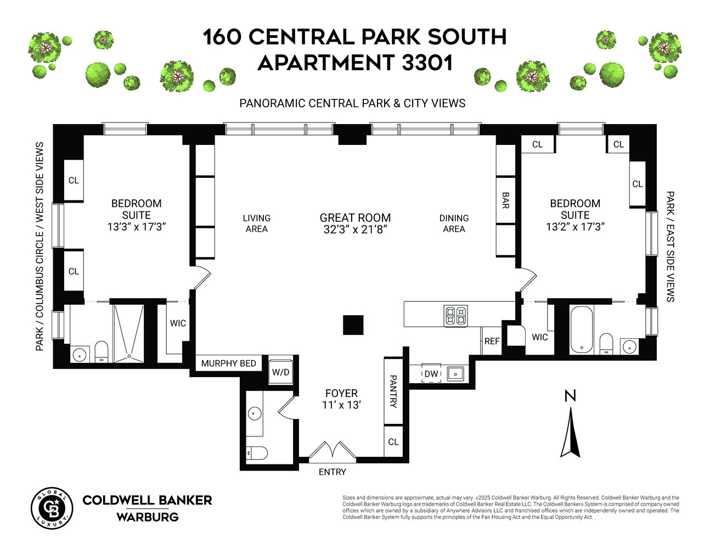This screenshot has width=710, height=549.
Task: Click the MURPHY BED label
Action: pos(228,363)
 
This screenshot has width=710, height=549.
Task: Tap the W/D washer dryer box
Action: pos(281,371)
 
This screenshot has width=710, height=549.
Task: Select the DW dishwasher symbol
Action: pos(431,374)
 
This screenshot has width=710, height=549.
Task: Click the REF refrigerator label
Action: pos(492,341)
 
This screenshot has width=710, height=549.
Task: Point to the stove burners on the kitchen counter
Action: pos(456,316)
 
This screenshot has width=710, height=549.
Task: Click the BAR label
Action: pos(505,200)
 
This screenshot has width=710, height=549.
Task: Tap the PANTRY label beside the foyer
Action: pos(393,391)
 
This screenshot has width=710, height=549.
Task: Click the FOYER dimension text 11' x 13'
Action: pos(341,405)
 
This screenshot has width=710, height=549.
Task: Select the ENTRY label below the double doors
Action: pos(333,472)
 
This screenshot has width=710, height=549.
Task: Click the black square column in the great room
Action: pos(353,325)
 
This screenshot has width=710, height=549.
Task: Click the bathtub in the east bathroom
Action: pos(582,329)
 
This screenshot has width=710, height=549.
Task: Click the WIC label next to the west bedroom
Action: pos(178,323)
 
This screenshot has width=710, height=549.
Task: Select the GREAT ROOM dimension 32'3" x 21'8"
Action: pos(355,229)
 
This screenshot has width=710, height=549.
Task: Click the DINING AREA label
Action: pos(454,223)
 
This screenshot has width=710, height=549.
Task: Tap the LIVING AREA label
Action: pos(256,223)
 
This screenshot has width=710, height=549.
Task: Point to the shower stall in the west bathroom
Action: pos(129,333)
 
